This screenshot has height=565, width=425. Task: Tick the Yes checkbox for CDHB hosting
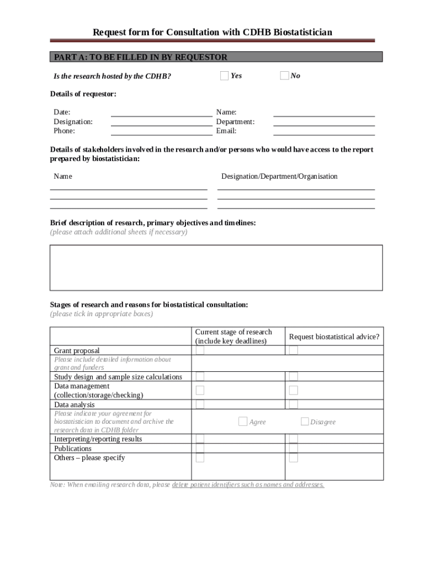pos(224,76)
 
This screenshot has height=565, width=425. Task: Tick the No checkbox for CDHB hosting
pos(284,76)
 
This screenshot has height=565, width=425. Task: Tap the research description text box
pos(216,268)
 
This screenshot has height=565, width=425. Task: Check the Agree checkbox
pos(243,422)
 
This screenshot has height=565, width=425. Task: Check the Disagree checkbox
pos(305,422)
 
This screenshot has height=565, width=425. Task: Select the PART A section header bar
pos(216,57)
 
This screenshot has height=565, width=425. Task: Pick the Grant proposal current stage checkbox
pos(200,350)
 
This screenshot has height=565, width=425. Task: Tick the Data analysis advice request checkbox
pos(294,404)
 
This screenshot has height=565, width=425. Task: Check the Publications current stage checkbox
pos(200,448)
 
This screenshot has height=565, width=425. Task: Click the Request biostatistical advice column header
pos(334,337)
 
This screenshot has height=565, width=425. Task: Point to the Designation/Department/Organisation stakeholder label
pos(279,177)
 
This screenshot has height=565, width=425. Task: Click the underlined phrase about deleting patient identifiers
pos(248,485)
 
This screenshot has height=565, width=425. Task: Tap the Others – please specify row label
pos(89,458)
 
